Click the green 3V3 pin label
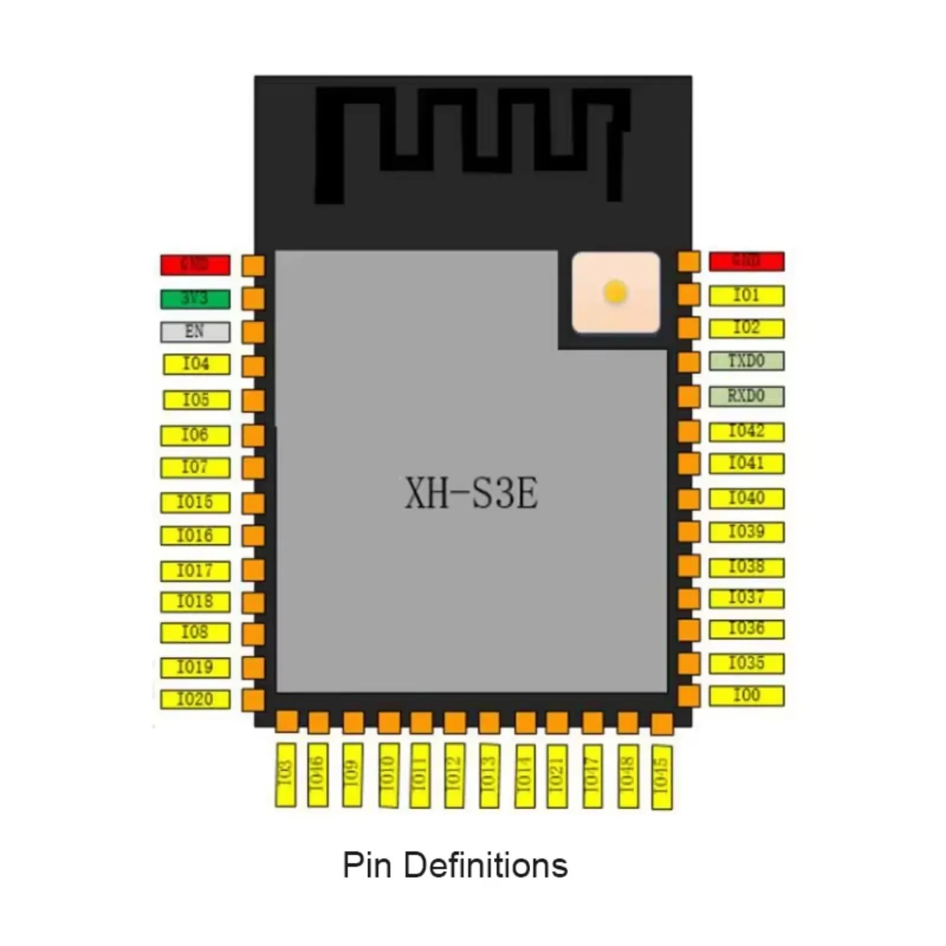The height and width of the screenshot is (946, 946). point(195,299)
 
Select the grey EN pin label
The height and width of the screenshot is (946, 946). point(195,332)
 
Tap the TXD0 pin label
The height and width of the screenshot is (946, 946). point(746,361)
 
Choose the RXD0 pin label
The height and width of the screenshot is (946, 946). point(746,396)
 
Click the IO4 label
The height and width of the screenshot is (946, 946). point(196,364)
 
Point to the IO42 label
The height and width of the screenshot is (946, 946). point(746,432)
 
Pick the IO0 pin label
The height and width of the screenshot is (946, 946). point(746,695)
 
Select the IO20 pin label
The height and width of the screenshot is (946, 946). point(195,699)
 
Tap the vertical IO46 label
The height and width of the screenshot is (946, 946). point(318,774)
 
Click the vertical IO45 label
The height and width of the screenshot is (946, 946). point(662,776)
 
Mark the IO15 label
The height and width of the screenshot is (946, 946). point(195,503)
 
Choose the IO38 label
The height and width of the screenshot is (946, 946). point(746,567)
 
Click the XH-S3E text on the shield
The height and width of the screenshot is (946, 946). point(471,494)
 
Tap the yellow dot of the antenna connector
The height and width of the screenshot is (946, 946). point(615,292)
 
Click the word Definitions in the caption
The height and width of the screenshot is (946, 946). point(485,866)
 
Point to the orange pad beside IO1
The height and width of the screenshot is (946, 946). point(689,294)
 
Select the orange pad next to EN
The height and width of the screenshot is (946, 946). point(254,332)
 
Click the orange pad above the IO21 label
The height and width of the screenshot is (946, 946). point(557,722)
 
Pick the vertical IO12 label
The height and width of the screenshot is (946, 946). point(453,774)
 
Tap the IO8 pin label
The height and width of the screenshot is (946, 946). point(195,633)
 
